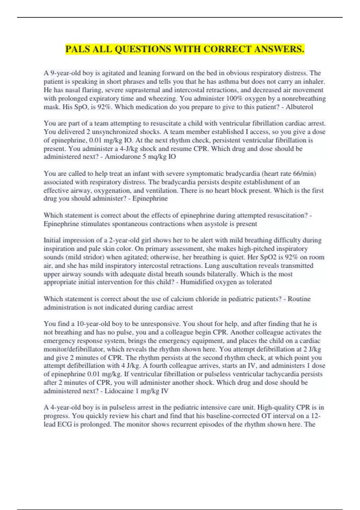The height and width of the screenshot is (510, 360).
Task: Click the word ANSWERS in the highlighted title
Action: [x=279, y=49]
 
